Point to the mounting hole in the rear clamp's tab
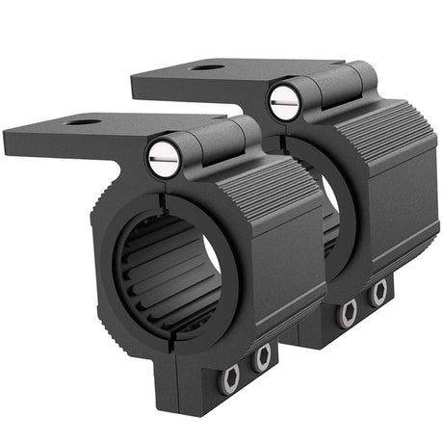click(x=207, y=67)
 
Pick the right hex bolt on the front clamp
click(x=261, y=358)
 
